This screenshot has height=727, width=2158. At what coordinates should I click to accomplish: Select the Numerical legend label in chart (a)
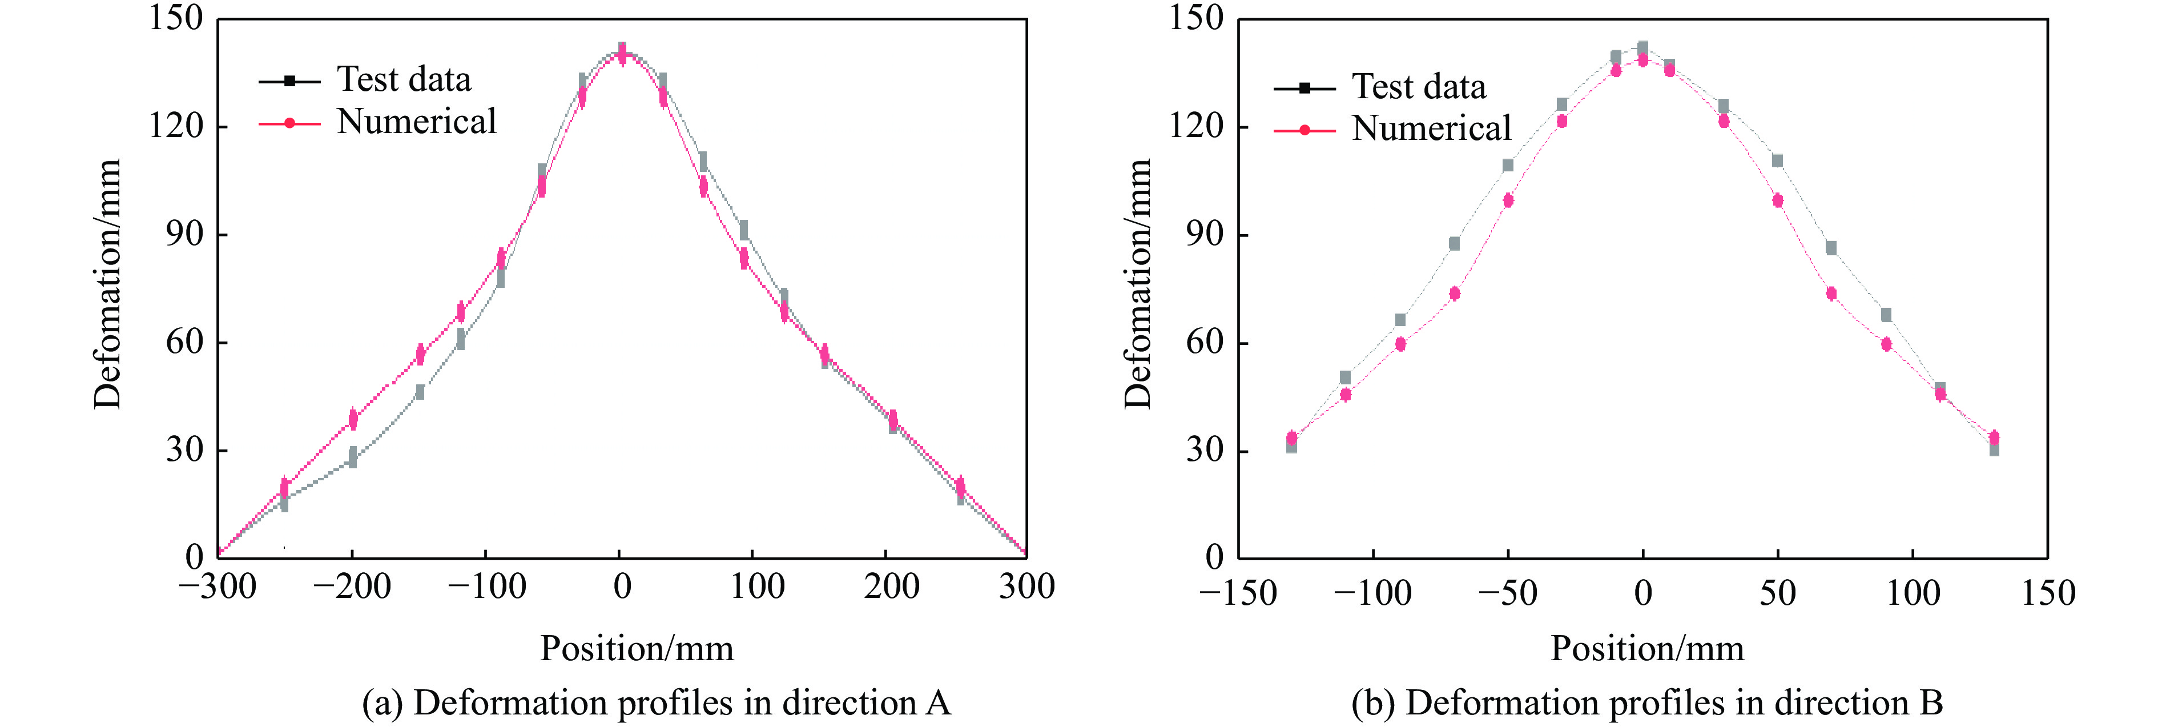pos(416,122)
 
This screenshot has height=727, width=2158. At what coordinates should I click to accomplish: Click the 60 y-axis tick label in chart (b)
pos(1205,343)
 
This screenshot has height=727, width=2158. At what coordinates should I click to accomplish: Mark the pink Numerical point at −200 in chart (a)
pos(353,418)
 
